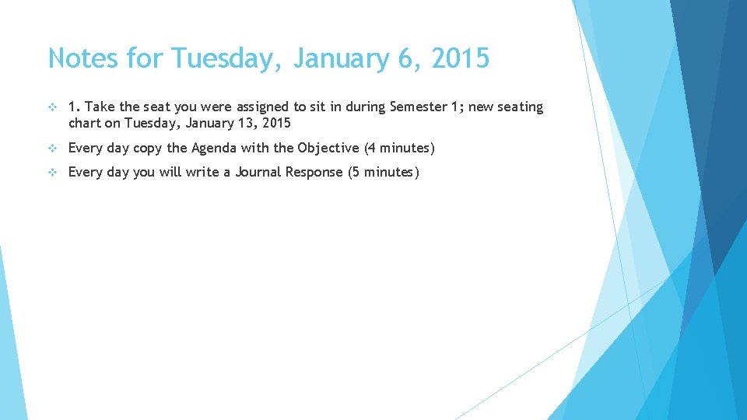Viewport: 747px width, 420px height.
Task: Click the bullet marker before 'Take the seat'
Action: coord(52,107)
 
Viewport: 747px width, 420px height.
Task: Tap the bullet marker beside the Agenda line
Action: coord(52,148)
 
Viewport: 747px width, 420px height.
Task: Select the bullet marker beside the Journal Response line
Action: coord(52,172)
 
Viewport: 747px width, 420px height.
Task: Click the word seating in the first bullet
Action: coord(520,107)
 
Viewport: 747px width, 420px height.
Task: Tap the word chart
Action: coord(85,123)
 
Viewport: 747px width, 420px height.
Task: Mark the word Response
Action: coord(316,172)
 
